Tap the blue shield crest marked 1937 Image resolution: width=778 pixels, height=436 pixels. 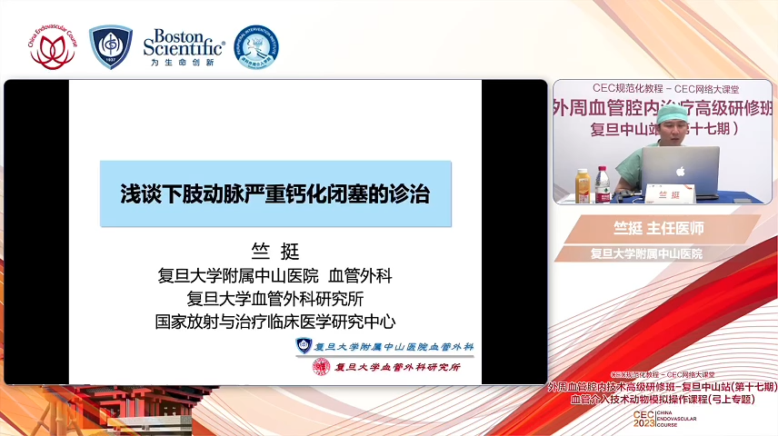[111, 47]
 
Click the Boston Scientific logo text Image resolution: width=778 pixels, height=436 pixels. [184, 44]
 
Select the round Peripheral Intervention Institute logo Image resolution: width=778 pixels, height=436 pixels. [255, 47]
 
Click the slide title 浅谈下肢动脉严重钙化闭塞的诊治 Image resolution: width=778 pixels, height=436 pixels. [275, 193]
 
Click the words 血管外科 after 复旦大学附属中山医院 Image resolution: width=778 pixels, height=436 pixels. [360, 275]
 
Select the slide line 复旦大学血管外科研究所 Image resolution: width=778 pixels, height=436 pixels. [274, 298]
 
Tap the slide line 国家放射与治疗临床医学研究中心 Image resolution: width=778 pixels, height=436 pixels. [274, 321]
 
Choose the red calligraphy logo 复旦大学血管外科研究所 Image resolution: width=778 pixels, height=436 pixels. [386, 367]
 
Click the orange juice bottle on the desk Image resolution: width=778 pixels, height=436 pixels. [583, 185]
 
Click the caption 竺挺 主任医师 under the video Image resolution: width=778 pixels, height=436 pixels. [658, 228]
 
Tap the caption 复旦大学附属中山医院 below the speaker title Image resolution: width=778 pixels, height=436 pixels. [646, 253]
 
